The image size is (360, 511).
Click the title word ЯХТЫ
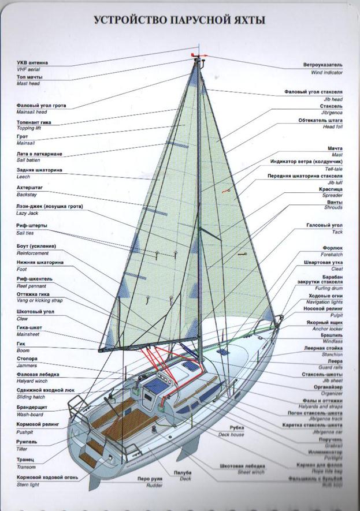[x=246, y=21]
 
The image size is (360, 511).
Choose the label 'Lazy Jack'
[x=27, y=213]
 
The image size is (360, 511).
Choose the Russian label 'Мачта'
[x=335, y=148]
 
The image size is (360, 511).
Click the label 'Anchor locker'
[x=328, y=329]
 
